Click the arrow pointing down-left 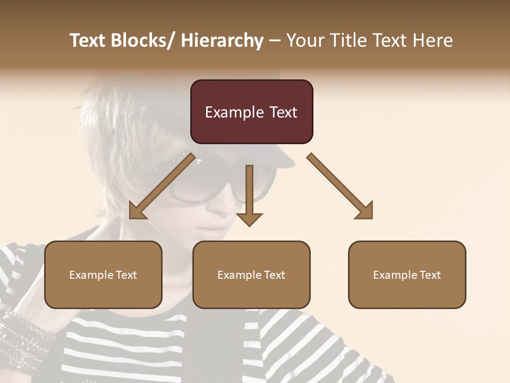pyautogui.click(x=159, y=187)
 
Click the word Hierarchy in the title pyautogui.click(x=222, y=40)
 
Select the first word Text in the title pyautogui.click(x=88, y=40)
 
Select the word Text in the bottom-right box pyautogui.click(x=430, y=275)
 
